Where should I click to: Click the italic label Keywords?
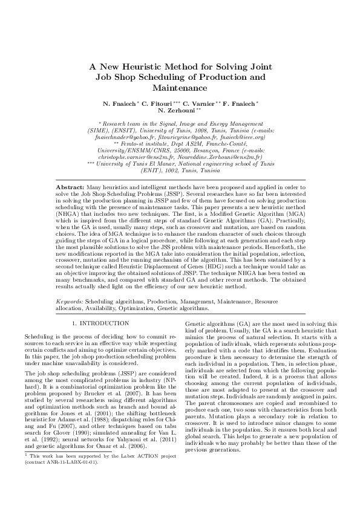(70, 300)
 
